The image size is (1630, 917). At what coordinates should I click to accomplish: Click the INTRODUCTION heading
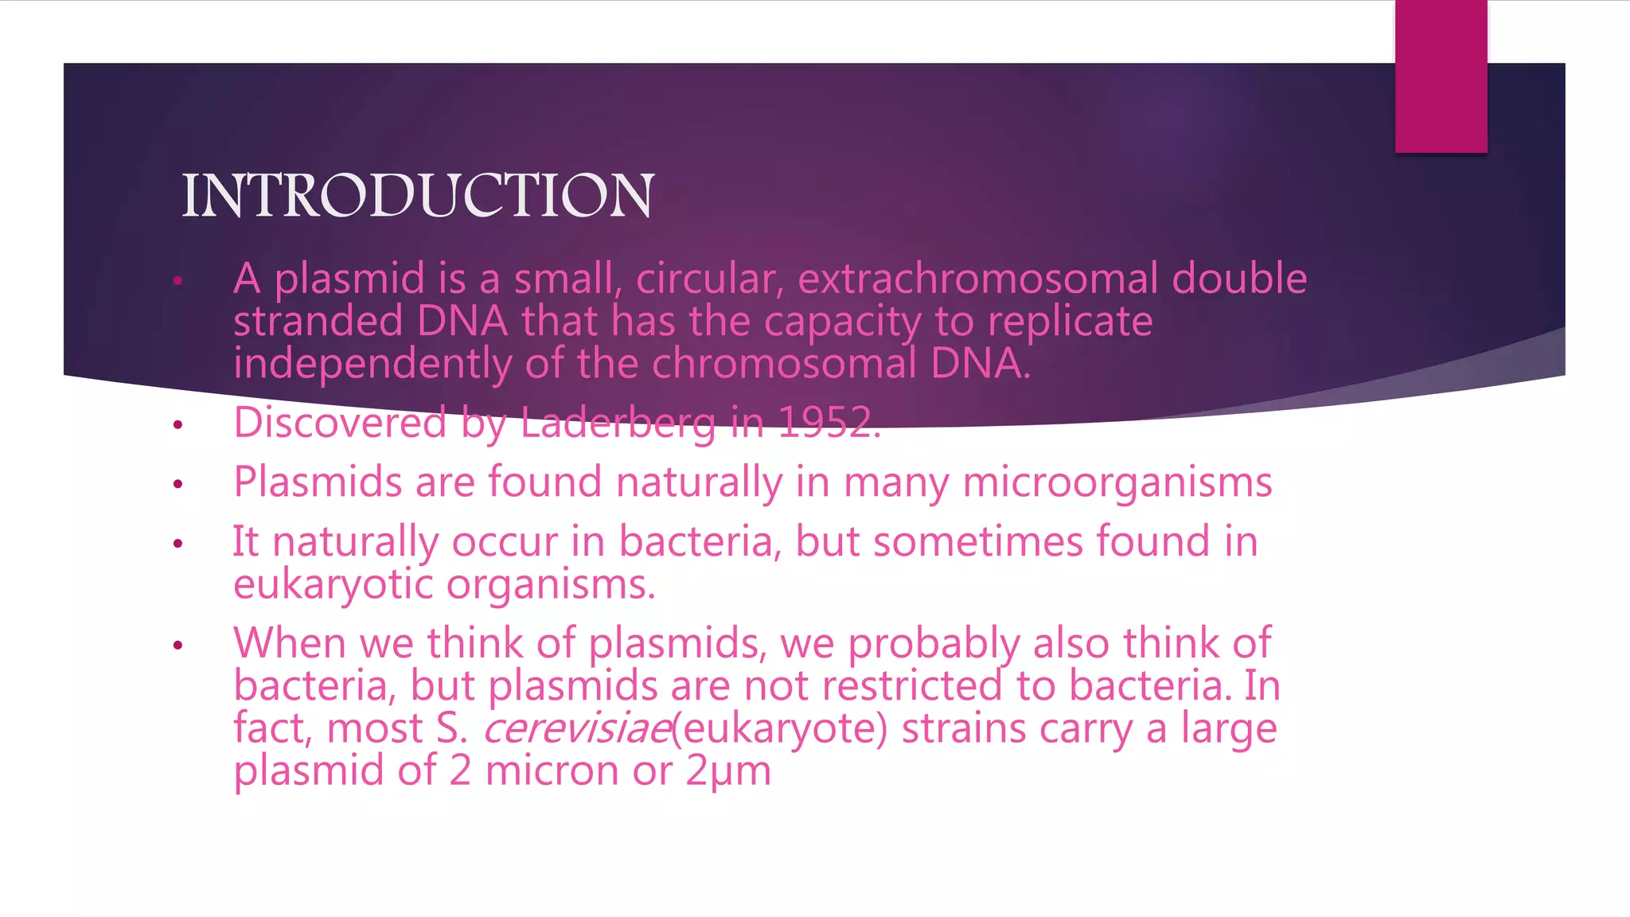418,196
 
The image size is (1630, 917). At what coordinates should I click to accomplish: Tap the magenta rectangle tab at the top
1441,76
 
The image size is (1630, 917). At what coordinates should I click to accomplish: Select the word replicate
1070,322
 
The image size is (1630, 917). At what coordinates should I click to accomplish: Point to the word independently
372,365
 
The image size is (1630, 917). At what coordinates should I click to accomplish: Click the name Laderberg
618,423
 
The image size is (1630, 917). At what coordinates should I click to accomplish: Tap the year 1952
828,423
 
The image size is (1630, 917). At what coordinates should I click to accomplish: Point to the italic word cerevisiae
577,729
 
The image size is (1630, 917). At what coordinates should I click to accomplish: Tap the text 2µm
728,771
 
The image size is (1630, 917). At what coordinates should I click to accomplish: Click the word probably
934,644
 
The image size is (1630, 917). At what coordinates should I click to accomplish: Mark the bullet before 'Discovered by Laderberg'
178,425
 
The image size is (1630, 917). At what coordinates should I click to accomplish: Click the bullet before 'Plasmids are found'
178,484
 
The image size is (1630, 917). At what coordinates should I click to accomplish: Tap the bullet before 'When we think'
178,645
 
